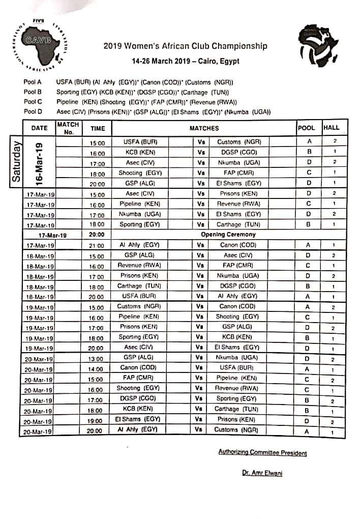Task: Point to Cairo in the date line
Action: pos(201,61)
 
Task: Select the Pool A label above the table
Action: pos(33,81)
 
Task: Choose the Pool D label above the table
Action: pos(33,112)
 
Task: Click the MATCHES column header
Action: pos(204,128)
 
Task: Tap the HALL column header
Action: pos(331,128)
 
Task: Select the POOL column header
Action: pos(306,128)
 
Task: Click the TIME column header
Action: pos(97,129)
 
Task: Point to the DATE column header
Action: pos(39,128)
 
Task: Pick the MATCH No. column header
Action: pos(68,128)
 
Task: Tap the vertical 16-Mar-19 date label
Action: pos(39,162)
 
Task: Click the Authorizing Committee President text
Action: pos(262,452)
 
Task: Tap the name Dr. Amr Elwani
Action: pos(262,473)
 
